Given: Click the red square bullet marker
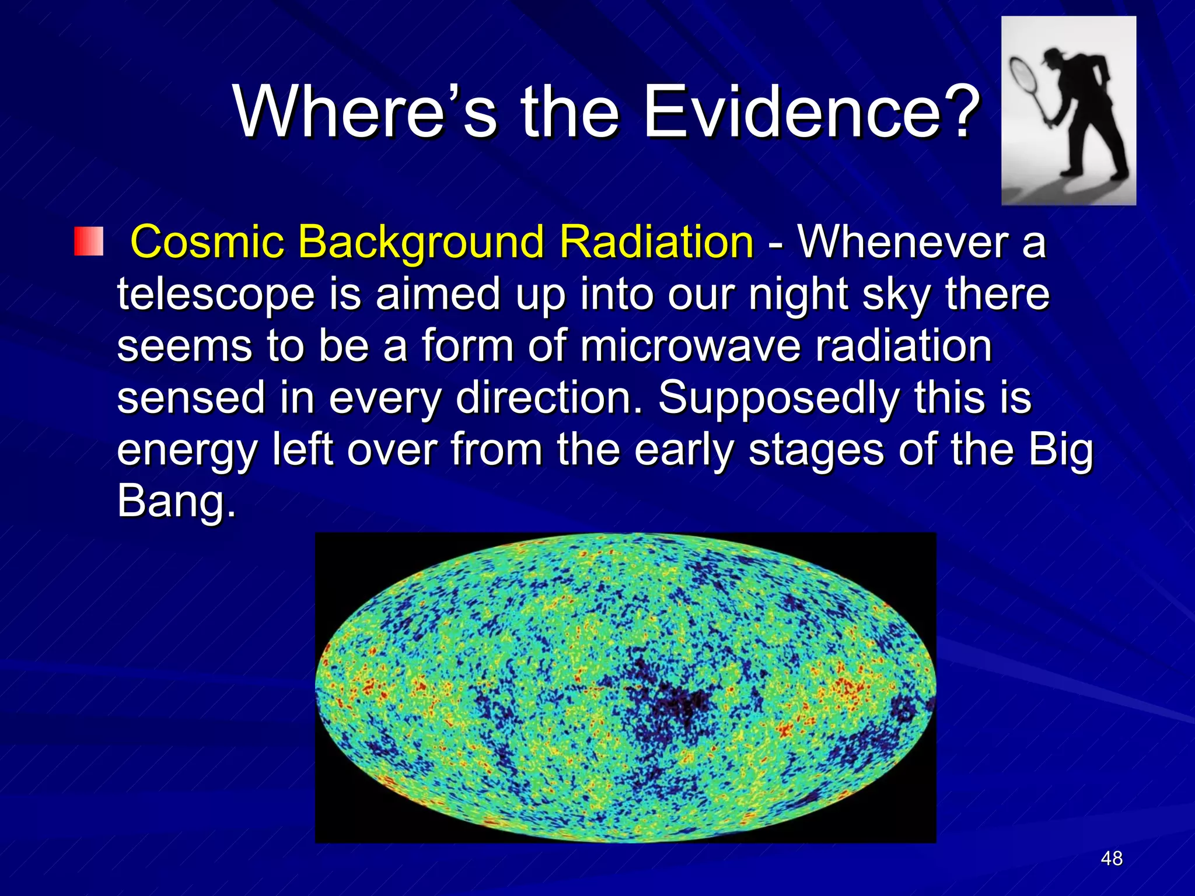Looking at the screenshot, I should click(88, 242).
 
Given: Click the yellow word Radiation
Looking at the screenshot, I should click(656, 242).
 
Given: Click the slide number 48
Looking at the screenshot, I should click(1112, 858).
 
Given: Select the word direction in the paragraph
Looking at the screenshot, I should click(548, 398).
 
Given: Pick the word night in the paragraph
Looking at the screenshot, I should click(799, 295).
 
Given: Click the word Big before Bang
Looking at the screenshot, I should click(1060, 451).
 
